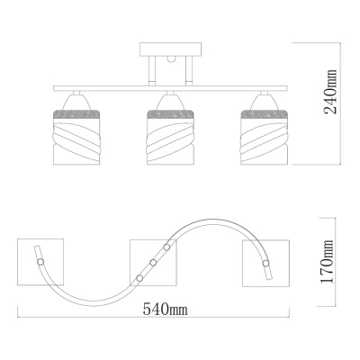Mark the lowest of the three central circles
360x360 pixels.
[139, 277]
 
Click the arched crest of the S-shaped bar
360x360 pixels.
[211, 221]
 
